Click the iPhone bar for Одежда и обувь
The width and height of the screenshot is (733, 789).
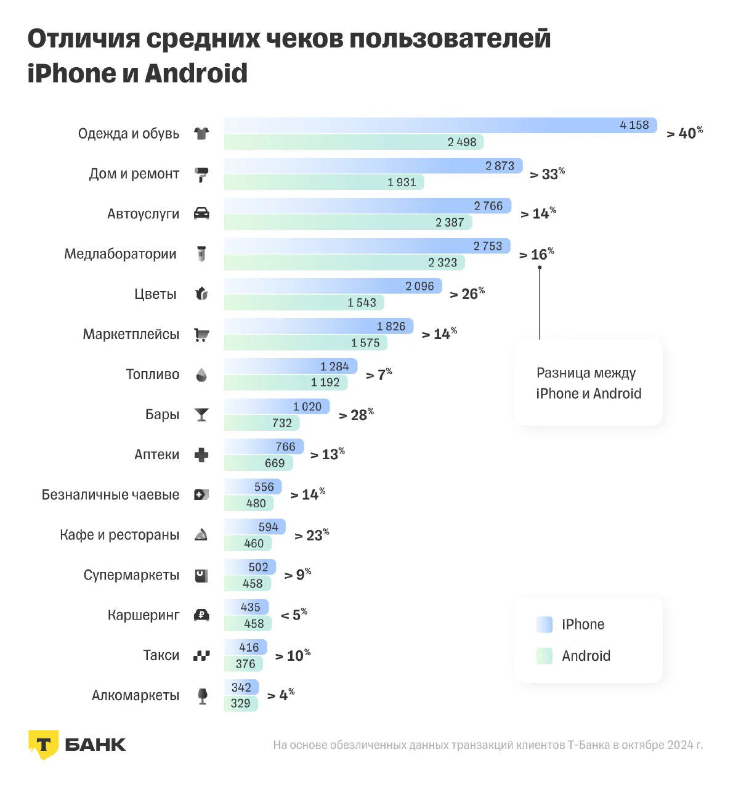pos(440,125)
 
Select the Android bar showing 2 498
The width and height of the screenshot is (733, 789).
pos(354,142)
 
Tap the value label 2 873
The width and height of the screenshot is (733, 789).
pos(500,165)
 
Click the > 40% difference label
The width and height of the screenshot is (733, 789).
pos(684,133)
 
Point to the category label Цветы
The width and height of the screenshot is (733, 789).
pos(155,294)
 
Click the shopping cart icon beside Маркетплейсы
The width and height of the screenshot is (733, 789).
pos(201,335)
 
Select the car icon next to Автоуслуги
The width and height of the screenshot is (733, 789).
pos(201,214)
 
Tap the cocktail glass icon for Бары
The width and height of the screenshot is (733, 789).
pos(201,415)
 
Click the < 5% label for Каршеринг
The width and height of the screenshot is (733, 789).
pos(294,615)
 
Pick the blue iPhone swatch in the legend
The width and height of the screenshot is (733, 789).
pos(545,624)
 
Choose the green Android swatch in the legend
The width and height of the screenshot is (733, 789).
pos(545,656)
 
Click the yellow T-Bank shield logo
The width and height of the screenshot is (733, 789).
pos(43,744)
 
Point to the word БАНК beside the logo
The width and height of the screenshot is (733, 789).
pos(95,745)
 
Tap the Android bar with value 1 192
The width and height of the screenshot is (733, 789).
pos(286,383)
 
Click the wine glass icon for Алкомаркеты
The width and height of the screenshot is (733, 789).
pos(201,696)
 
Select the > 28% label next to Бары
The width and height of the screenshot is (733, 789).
pos(356,415)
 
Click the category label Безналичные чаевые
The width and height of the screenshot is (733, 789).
pos(110,495)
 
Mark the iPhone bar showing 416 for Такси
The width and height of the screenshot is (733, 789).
pos(245,647)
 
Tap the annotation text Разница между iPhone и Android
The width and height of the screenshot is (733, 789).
pos(588,383)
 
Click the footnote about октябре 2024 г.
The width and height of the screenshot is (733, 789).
pos(487,745)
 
